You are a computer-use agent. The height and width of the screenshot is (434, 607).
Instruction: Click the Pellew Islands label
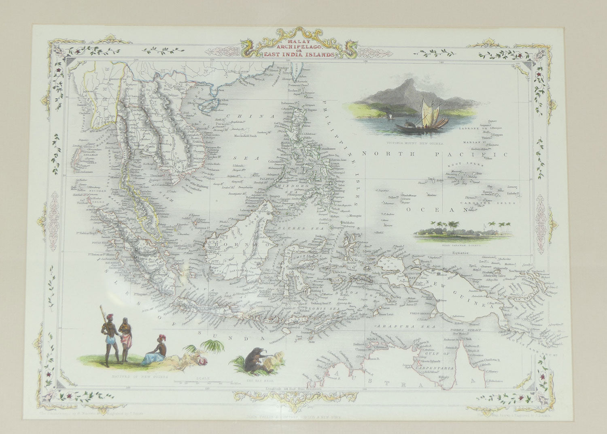click(392, 197)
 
